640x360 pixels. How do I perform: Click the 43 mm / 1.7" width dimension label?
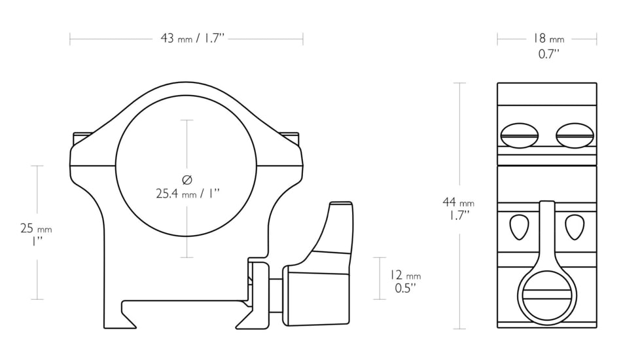coord(192,39)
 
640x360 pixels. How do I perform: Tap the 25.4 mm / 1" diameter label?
coord(187,194)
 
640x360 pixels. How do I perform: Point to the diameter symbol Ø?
coord(187,179)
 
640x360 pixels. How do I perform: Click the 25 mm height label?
coord(35,228)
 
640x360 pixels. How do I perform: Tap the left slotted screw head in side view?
coord(519,135)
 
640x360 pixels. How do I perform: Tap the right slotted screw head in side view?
coord(574,135)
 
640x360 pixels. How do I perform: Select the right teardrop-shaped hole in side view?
coord(574,226)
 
